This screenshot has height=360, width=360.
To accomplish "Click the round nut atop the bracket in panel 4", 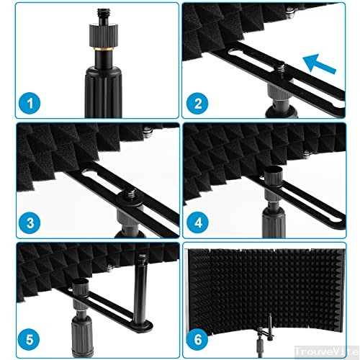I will click(275, 175).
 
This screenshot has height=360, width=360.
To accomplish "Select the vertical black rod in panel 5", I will click(141, 302).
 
